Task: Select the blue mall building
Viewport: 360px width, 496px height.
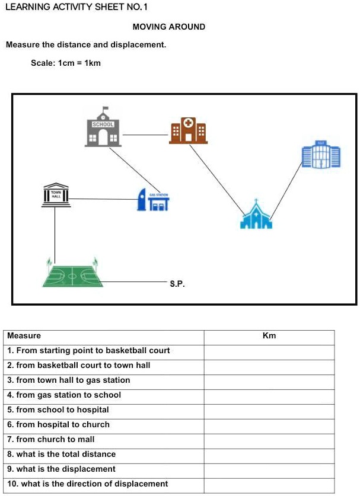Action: coord(321,155)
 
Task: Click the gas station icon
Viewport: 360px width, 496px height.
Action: coord(153,200)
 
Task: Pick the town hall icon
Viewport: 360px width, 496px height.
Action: coord(56,195)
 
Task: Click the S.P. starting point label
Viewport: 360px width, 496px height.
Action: coord(177,284)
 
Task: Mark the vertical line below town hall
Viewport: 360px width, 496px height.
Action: coord(55,234)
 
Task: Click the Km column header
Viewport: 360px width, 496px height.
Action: coord(269,336)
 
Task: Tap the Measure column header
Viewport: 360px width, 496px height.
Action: coord(24,336)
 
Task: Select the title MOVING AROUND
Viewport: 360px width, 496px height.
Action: coord(168,27)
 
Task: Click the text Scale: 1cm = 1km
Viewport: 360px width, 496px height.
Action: coord(66,63)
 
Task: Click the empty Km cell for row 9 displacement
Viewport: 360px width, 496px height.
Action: coord(269,469)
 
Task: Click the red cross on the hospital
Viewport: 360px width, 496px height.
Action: coord(189,123)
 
